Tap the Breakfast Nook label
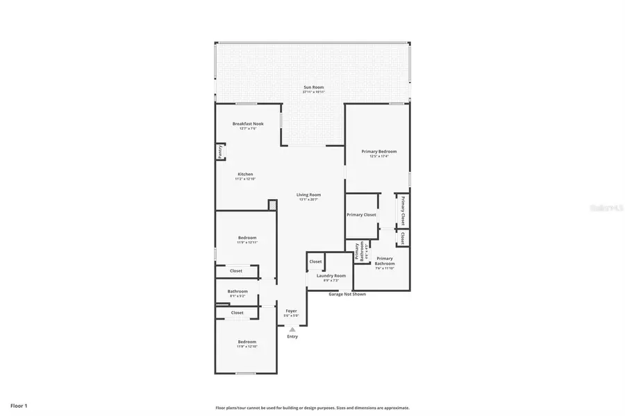pos(247,123)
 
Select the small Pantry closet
pos(220,152)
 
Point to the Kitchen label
pos(245,174)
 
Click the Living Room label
pos(308,195)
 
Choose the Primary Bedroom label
pos(378,151)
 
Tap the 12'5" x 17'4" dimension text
pos(378,156)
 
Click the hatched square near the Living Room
pos(272,205)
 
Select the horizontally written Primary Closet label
pos(361,215)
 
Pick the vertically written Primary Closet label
pos(402,210)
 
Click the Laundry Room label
pos(331,275)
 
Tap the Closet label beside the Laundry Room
pos(315,261)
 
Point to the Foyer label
pos(291,311)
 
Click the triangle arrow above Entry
pos(292,329)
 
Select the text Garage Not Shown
pos(347,294)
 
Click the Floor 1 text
pos(19,405)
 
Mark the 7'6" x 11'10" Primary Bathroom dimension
pos(385,268)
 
